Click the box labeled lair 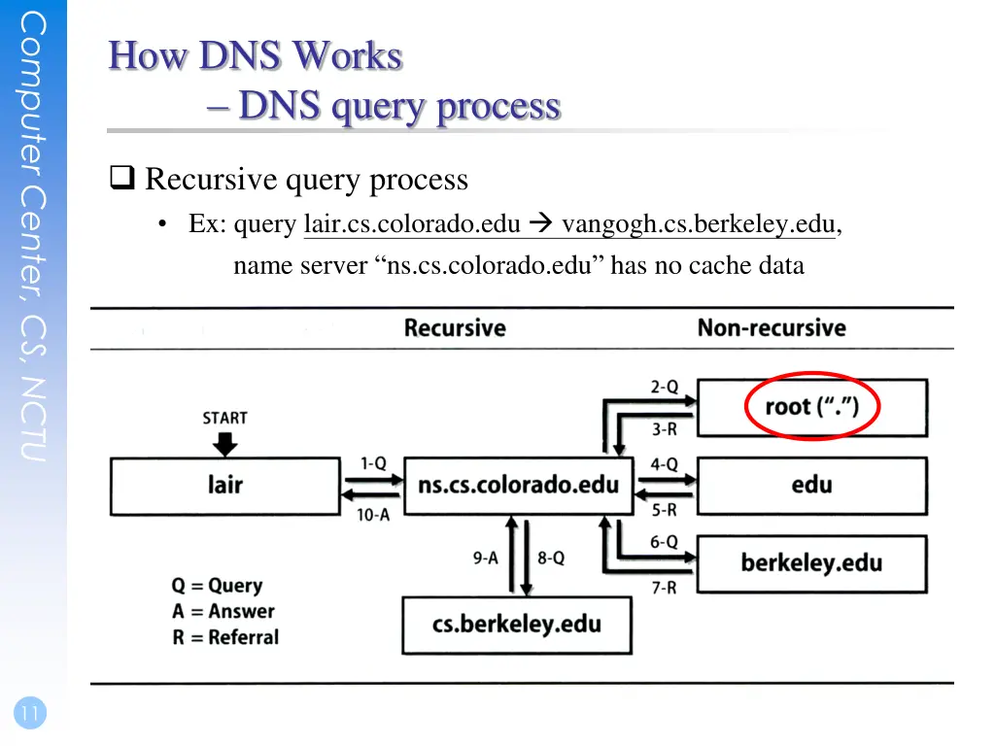225,486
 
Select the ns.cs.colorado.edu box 519,486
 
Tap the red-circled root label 811,406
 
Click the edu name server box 812,486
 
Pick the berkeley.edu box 812,564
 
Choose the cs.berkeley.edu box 517,625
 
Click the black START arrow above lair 225,444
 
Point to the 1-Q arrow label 373,463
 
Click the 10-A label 373,515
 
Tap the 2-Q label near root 665,387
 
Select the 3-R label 665,429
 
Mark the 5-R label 665,510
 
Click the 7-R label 665,588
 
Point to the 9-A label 486,559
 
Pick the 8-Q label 551,559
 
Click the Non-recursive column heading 772,328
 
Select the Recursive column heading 455,328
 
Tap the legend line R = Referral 225,637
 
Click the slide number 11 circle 30,713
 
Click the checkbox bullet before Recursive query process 122,178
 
